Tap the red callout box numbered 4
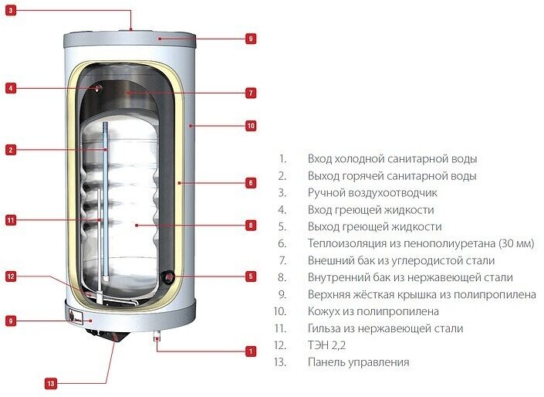[x=10, y=88]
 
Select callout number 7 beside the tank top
[x=251, y=93]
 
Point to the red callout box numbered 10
[x=251, y=125]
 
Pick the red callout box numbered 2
[x=10, y=150]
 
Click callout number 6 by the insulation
[x=251, y=183]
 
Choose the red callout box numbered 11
[x=10, y=220]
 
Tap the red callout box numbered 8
[x=251, y=226]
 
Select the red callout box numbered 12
[x=10, y=276]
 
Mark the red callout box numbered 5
[x=251, y=276]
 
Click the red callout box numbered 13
[x=51, y=383]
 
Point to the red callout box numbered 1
[x=251, y=351]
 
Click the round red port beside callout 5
[x=168, y=277]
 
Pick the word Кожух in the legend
[x=325, y=311]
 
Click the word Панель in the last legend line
[x=327, y=362]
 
